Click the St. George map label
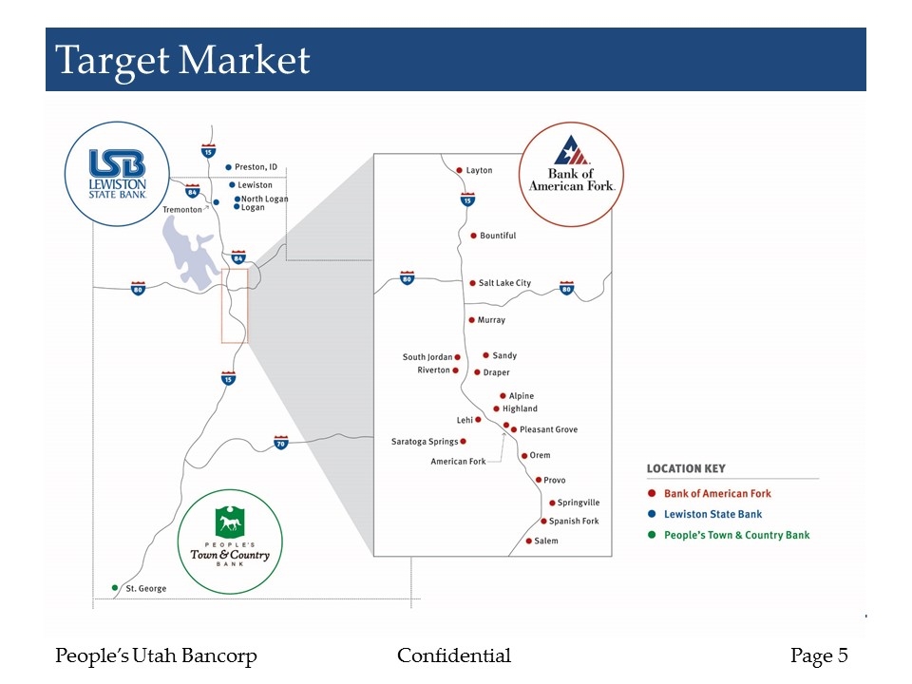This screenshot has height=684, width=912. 145,589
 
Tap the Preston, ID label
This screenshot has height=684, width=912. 256,167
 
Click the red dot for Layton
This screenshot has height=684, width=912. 459,171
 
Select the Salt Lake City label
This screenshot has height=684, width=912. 504,283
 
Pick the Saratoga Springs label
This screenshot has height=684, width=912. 425,442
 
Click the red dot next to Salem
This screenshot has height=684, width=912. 528,541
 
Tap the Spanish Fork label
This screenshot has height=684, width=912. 574,522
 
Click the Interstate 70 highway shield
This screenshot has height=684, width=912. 280,443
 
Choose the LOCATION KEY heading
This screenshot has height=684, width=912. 686,468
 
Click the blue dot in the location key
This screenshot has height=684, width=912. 651,515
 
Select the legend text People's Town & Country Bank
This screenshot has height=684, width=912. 737,536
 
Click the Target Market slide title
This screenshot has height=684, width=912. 182,61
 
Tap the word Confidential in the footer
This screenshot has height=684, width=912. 454,655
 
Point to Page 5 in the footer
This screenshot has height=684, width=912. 819,655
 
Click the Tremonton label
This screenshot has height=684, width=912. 182,209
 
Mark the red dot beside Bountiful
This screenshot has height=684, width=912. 473,236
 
